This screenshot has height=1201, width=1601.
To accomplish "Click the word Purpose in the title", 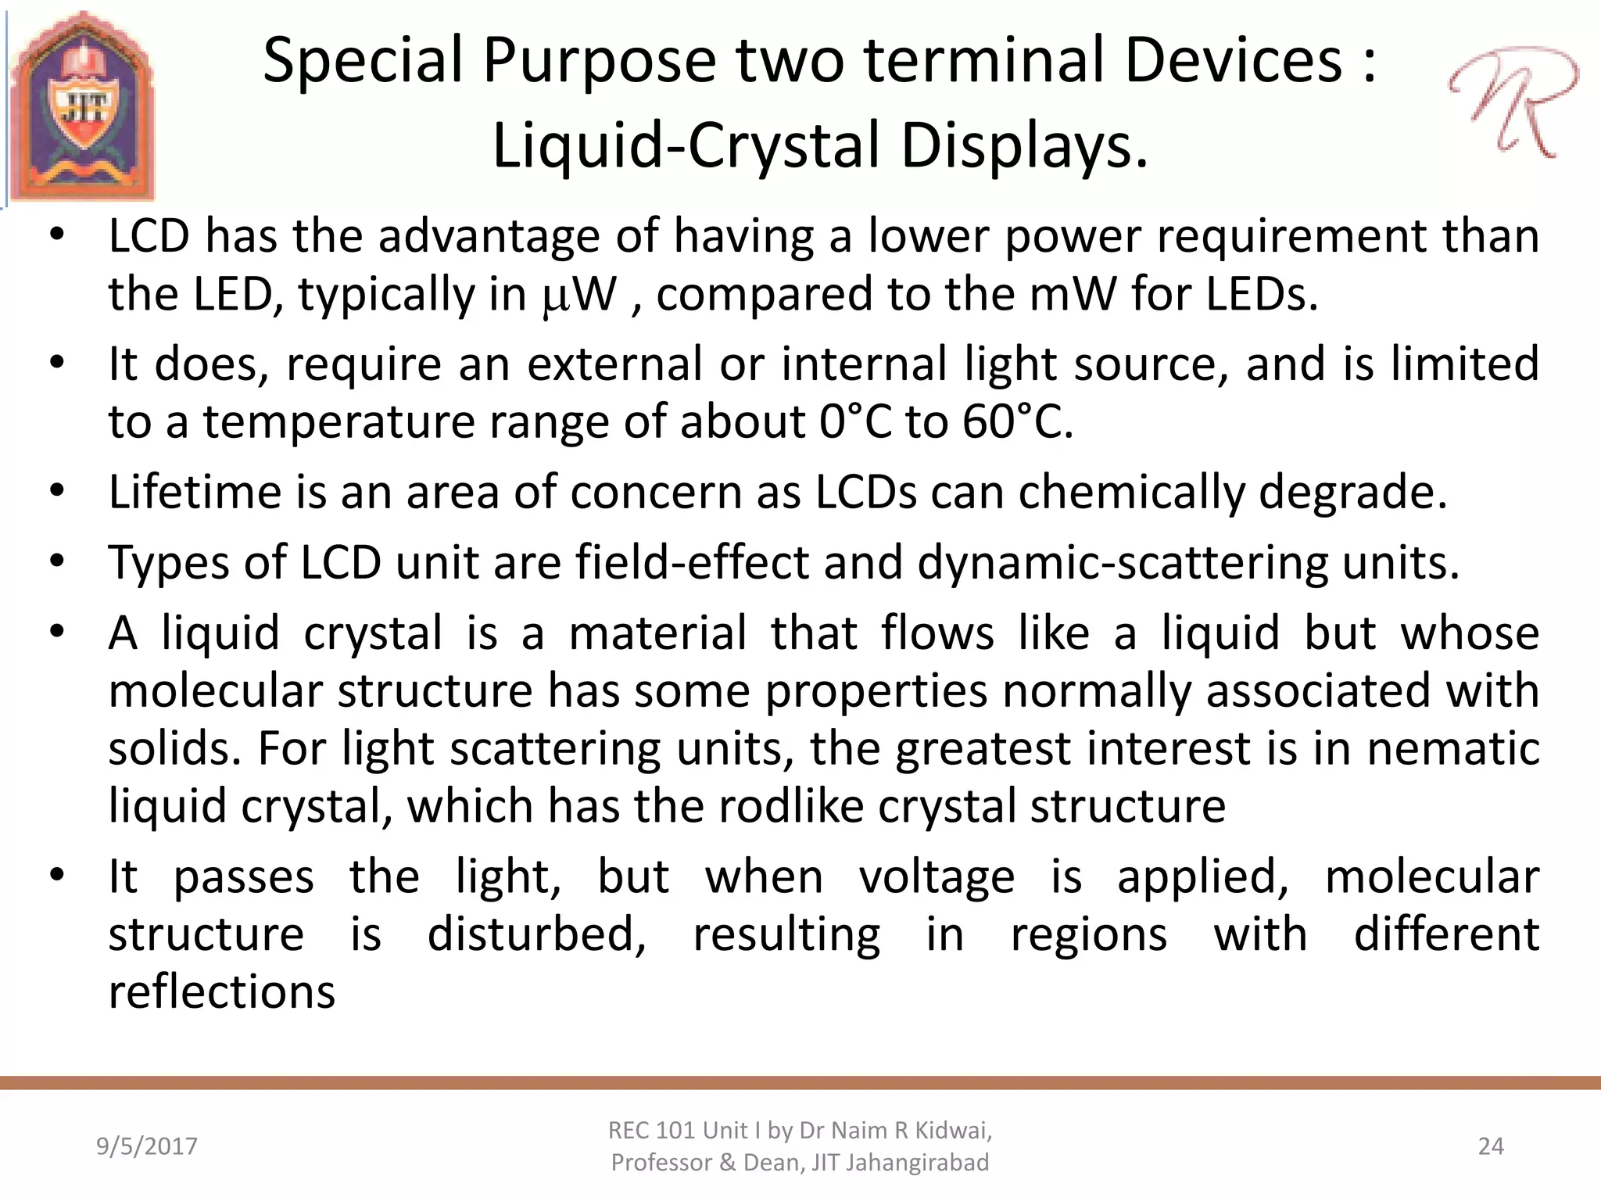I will tap(599, 61).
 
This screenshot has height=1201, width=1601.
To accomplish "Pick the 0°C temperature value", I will tap(856, 422).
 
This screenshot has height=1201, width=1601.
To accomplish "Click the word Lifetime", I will tap(195, 492).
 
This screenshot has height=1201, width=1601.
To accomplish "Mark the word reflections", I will tap(222, 992).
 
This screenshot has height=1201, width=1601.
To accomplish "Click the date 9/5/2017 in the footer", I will tap(147, 1146).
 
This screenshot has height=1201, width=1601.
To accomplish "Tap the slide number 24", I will tap(1491, 1146).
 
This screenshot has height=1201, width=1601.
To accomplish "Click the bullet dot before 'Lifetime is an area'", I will tap(56, 492).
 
